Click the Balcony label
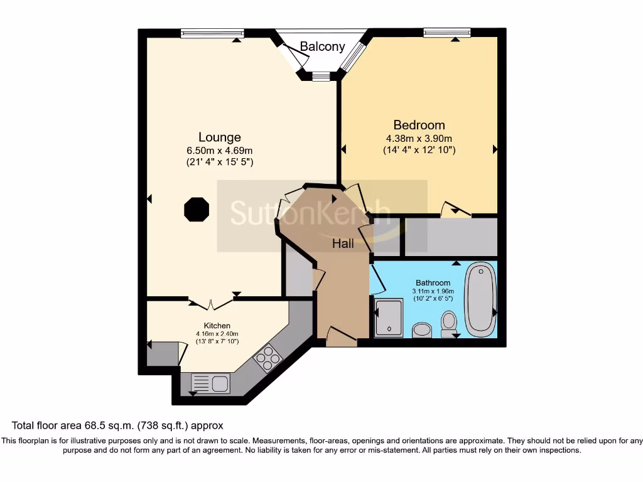pyautogui.click(x=322, y=46)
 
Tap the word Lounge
pyautogui.click(x=219, y=137)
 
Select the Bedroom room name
pyautogui.click(x=419, y=125)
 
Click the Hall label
pyautogui.click(x=343, y=244)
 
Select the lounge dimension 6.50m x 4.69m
pyautogui.click(x=219, y=151)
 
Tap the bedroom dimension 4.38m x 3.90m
pyautogui.click(x=419, y=139)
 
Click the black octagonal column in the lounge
pyautogui.click(x=197, y=209)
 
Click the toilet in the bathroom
pyautogui.click(x=449, y=323)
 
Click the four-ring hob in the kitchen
pyautogui.click(x=269, y=358)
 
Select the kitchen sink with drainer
pyautogui.click(x=211, y=382)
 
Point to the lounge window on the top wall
pyautogui.click(x=212, y=33)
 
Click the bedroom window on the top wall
pyautogui.click(x=447, y=33)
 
